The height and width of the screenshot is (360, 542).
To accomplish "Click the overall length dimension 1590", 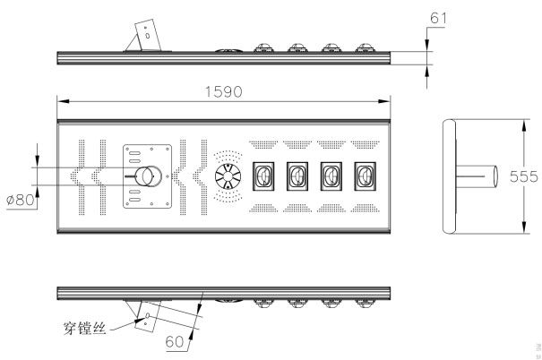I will pyautogui.click(x=224, y=92).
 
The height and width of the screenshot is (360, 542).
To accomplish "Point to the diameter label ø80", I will pyautogui.click(x=20, y=199).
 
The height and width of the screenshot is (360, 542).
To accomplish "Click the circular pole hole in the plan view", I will pyautogui.click(x=146, y=176).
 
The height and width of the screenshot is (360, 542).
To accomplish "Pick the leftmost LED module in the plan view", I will pyautogui.click(x=265, y=176).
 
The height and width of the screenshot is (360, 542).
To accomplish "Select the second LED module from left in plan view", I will pyautogui.click(x=298, y=176).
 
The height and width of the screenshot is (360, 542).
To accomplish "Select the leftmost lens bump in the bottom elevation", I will pyautogui.click(x=264, y=303).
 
